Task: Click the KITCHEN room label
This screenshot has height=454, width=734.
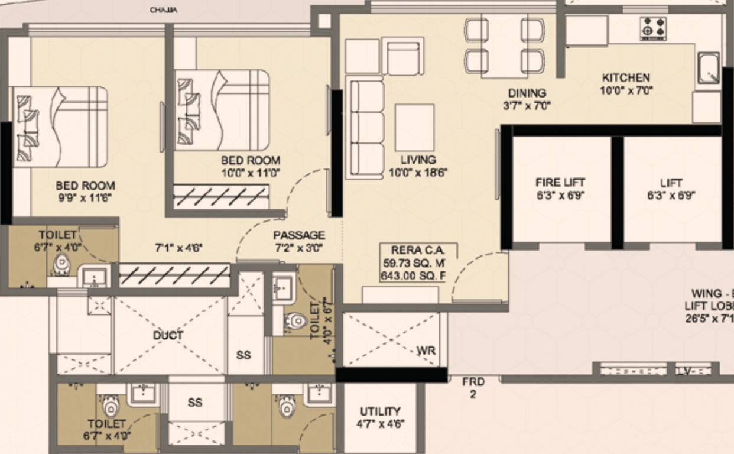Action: tap(626, 77)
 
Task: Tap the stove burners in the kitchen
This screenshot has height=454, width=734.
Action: tap(653, 28)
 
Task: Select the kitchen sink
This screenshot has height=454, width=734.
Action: tap(708, 68)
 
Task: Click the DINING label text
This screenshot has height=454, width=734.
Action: tap(527, 93)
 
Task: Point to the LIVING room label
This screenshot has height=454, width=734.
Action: tap(418, 160)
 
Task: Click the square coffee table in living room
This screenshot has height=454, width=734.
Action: tap(414, 127)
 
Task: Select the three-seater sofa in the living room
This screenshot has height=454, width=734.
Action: tap(365, 127)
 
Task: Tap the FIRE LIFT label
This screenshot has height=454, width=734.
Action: tap(560, 183)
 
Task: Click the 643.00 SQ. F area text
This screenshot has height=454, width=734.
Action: tap(413, 275)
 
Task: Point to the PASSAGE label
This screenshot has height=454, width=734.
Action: tap(298, 235)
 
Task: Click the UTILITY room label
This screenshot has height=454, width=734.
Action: tap(380, 411)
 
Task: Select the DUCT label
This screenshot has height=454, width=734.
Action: tap(168, 335)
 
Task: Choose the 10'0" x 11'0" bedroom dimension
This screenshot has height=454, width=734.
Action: tap(251, 173)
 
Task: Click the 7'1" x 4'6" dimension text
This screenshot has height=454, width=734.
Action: tap(178, 248)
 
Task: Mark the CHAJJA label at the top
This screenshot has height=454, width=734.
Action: tap(163, 10)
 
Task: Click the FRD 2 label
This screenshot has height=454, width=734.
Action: tap(473, 388)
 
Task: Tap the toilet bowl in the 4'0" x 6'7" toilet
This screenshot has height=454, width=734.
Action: tap(294, 322)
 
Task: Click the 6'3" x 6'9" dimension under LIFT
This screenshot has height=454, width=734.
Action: tap(671, 196)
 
